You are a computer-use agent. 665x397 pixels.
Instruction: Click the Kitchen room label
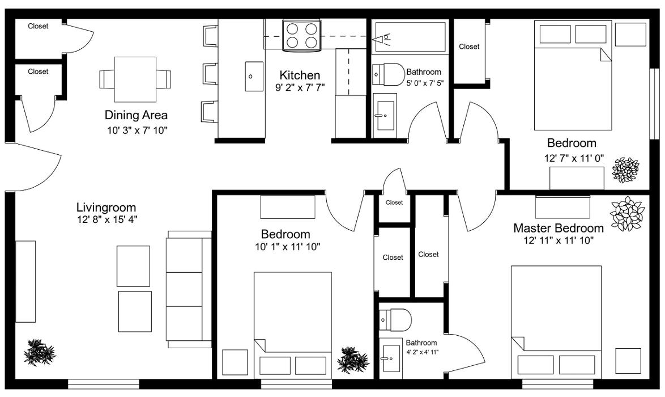(x=300, y=75)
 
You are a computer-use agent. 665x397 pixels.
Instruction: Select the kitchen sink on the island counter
(x=254, y=77)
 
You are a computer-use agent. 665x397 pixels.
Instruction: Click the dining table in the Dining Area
(x=135, y=79)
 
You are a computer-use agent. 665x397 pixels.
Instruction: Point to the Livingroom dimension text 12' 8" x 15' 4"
(x=107, y=219)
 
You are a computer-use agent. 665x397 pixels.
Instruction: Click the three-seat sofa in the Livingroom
(x=189, y=289)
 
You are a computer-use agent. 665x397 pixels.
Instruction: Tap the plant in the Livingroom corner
(x=40, y=352)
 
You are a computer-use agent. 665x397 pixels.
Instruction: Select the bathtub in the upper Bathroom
(x=408, y=37)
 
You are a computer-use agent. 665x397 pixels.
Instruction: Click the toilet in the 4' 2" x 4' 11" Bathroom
(x=394, y=319)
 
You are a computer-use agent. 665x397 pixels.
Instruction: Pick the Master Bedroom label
(x=558, y=228)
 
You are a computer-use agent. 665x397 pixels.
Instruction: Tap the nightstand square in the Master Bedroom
(x=628, y=361)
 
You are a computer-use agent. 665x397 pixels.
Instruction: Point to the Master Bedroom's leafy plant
(x=627, y=214)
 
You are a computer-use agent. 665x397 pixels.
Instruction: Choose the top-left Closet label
(x=38, y=26)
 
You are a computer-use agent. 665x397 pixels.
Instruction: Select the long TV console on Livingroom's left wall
(x=25, y=281)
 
